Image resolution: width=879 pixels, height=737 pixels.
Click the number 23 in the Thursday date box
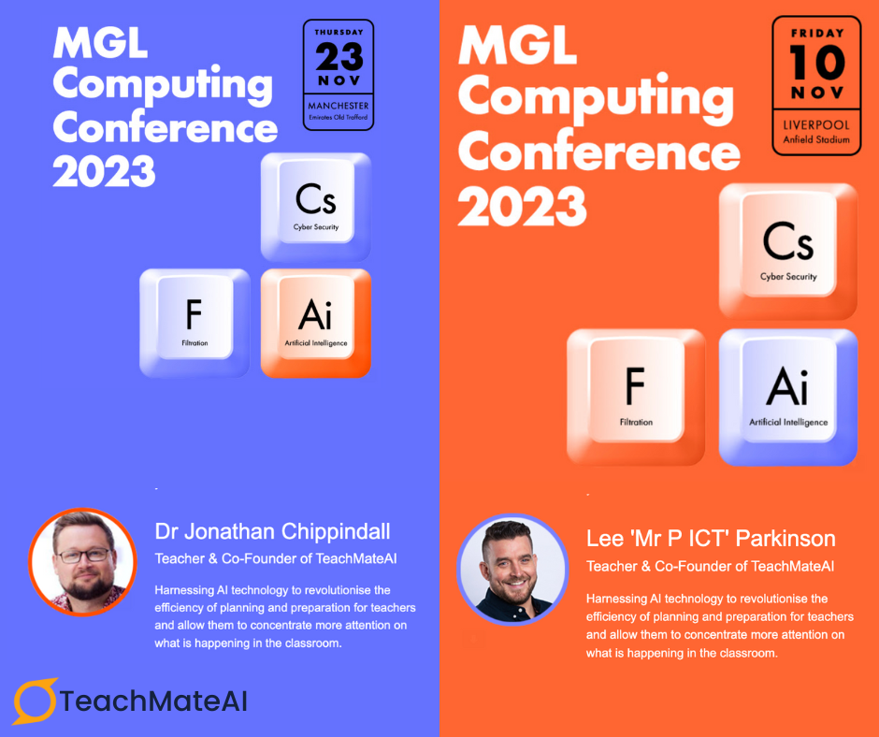(x=339, y=57)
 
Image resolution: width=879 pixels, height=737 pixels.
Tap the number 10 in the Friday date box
(x=816, y=63)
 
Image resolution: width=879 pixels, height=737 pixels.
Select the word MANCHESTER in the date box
(x=339, y=106)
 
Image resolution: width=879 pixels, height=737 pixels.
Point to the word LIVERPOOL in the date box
(x=816, y=125)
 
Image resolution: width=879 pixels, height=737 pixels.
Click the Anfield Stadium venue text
(x=816, y=139)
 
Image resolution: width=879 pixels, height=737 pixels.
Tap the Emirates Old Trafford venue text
(x=339, y=117)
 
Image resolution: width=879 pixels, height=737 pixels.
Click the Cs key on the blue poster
(x=316, y=207)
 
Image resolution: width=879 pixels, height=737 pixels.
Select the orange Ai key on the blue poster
(x=316, y=323)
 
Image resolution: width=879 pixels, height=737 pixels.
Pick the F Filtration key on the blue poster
(x=195, y=323)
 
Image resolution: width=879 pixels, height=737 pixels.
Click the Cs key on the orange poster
(x=788, y=252)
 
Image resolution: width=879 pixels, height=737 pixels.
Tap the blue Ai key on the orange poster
(x=788, y=397)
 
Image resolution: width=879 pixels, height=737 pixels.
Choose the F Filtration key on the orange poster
(x=636, y=397)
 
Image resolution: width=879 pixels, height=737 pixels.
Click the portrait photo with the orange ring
(x=83, y=562)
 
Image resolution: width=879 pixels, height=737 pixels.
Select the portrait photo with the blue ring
(x=513, y=570)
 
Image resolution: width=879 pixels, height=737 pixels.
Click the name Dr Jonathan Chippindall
(x=272, y=531)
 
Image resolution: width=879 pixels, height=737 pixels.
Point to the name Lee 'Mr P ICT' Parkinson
(x=711, y=539)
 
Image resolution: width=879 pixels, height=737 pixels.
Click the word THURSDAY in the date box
(x=339, y=33)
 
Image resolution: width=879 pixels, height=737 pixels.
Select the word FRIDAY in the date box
(x=816, y=33)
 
